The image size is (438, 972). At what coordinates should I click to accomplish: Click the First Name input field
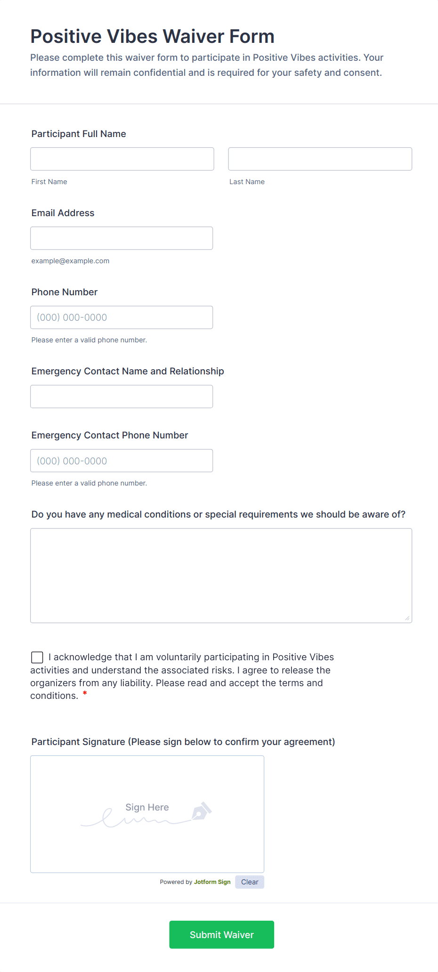point(122,159)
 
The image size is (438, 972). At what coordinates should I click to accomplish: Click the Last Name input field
point(320,159)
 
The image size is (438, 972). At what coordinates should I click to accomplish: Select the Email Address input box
point(122,238)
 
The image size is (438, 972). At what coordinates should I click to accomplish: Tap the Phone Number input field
point(122,317)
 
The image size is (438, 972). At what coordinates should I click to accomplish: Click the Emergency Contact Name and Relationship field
point(122,396)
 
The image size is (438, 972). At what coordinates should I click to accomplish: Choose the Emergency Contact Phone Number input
point(122,460)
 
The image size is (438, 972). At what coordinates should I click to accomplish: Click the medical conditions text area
point(221,575)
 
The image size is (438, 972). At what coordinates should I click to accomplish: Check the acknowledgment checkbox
point(37,657)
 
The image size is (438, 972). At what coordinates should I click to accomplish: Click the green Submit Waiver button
point(221,934)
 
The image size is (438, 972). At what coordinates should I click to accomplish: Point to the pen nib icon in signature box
point(201,811)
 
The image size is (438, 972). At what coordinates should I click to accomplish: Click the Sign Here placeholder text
point(147,807)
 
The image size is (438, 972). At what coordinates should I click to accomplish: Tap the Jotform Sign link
point(212,882)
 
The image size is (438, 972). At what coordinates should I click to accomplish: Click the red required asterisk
point(85,694)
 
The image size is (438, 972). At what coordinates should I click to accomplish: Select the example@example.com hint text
point(70,261)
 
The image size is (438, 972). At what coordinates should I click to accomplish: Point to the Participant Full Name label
point(79,134)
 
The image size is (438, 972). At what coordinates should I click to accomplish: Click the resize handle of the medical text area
point(407,618)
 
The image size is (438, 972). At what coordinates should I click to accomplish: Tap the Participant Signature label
point(183,742)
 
